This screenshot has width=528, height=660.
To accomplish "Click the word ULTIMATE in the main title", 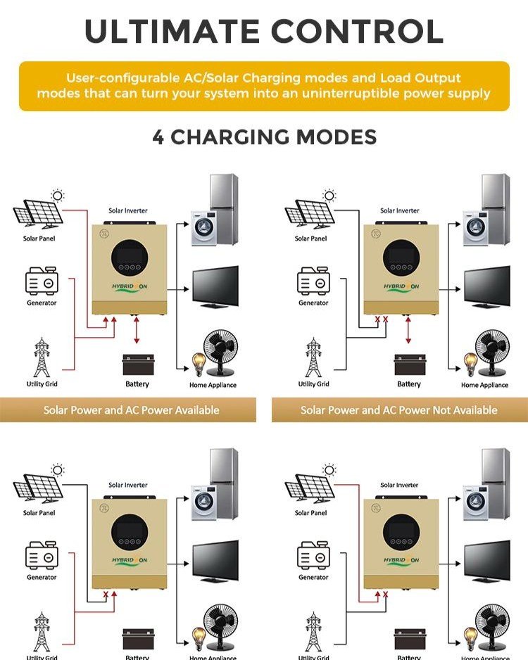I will pyautogui.click(x=172, y=31).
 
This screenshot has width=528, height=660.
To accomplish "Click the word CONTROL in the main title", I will pyautogui.click(x=358, y=31).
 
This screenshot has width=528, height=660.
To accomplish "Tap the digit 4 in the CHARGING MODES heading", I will pyautogui.click(x=158, y=137).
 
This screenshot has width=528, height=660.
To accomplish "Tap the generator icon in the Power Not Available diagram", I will pyautogui.click(x=313, y=282).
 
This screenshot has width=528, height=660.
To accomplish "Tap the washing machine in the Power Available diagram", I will pyautogui.click(x=204, y=229).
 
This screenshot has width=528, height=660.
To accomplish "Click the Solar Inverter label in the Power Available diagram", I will pyautogui.click(x=128, y=210).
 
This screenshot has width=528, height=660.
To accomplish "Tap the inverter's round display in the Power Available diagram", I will pyautogui.click(x=130, y=258).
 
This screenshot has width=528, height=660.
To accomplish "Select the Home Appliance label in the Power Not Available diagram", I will pyautogui.click(x=484, y=385).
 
